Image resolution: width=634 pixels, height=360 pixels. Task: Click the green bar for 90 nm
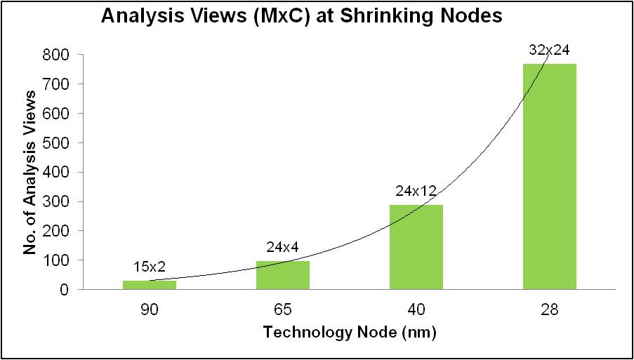click(150, 285)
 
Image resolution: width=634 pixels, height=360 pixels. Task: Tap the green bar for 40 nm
click(416, 247)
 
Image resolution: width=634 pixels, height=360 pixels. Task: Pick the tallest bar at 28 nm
click(549, 176)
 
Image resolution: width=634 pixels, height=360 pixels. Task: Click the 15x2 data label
click(150, 267)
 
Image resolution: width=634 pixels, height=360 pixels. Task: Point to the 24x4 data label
click(282, 247)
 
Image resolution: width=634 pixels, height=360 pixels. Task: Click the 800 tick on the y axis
click(56, 55)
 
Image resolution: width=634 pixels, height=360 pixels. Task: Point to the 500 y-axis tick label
click(56, 142)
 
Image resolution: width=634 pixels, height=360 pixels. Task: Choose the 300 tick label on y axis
click(56, 201)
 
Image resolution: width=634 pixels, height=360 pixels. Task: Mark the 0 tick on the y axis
click(65, 289)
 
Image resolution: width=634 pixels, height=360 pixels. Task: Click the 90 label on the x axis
click(150, 309)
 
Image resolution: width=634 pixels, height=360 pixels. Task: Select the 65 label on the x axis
click(282, 309)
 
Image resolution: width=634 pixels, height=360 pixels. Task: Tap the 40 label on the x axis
click(416, 309)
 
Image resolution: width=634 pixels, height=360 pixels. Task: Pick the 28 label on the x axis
click(549, 309)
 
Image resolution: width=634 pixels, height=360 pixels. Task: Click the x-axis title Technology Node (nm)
click(350, 333)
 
